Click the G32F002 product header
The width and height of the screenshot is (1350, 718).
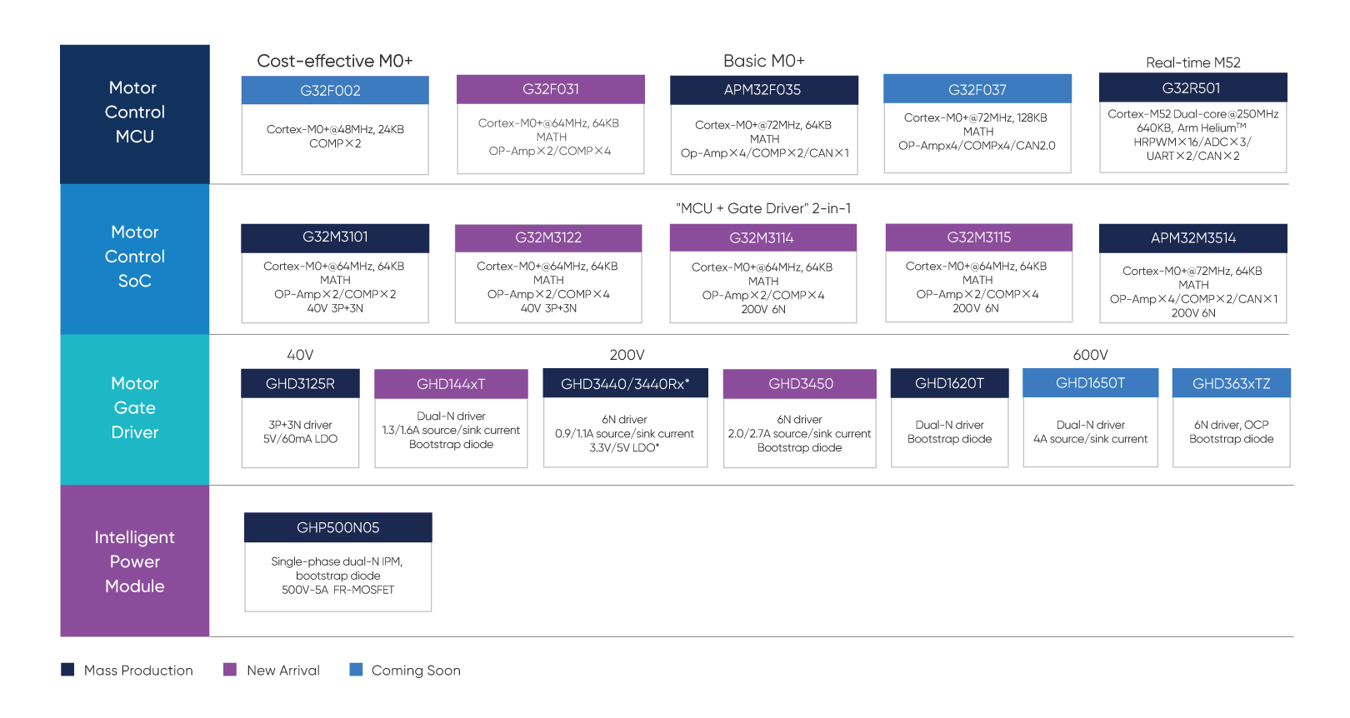(335, 90)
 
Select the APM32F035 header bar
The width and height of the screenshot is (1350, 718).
(763, 90)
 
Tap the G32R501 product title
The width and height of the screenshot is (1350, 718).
(1192, 88)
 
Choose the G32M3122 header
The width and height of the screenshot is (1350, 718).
(548, 238)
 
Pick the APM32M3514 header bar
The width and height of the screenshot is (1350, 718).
(1192, 238)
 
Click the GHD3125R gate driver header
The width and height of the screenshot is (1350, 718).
(300, 384)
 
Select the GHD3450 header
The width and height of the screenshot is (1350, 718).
(800, 384)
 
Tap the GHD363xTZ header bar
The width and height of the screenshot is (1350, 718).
(1232, 383)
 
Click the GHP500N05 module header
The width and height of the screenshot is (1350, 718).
(338, 527)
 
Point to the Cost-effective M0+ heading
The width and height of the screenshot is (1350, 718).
(335, 61)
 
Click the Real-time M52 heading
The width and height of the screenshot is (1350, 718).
(1192, 62)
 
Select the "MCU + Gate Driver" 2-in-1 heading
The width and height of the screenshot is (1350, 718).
(763, 208)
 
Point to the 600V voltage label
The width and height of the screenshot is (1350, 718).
(1090, 355)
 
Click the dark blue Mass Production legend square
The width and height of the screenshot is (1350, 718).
(67, 670)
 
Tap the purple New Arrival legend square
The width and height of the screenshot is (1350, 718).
(230, 670)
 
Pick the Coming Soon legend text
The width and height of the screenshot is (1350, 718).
(416, 671)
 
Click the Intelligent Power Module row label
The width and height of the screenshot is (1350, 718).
(134, 561)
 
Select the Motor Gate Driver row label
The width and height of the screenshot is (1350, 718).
(134, 408)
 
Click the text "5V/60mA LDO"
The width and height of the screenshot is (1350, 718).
(300, 439)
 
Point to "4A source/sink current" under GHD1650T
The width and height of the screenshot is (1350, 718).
(1090, 439)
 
